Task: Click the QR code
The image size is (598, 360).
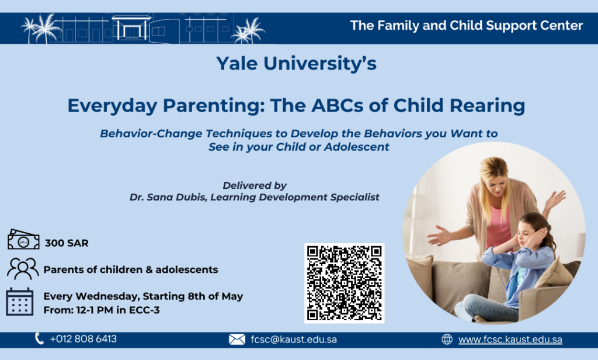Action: point(344,283)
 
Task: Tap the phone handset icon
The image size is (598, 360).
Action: point(39,338)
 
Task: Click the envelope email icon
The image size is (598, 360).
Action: point(237,340)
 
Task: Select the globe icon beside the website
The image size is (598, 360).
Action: point(447,339)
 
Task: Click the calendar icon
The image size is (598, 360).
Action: point(19,302)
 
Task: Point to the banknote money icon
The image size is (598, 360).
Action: point(23,240)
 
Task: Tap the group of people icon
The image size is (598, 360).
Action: point(23,269)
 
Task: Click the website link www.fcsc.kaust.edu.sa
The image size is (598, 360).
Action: point(510,340)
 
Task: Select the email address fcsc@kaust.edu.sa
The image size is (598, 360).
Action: point(294,340)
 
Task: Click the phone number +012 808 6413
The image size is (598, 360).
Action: point(83,338)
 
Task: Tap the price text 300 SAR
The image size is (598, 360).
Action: point(67,243)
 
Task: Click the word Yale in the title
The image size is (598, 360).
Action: point(237,63)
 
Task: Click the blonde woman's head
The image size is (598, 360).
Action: point(494,174)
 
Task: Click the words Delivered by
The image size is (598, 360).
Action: point(255,185)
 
